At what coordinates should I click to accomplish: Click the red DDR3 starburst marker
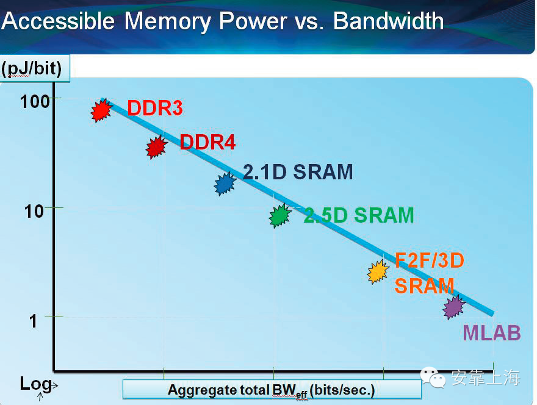coord(102,110)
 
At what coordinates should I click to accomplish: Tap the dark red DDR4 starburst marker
coord(157,147)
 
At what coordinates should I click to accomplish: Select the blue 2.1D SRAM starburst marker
coord(225,183)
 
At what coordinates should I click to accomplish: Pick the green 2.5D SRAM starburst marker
coord(280,215)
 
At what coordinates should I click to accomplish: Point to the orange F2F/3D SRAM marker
coord(378,271)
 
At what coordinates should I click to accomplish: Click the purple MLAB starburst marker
coord(453,307)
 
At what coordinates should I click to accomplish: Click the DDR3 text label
coord(155,109)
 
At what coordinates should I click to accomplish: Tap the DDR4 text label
coord(207,142)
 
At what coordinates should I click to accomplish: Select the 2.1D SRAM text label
coord(298,172)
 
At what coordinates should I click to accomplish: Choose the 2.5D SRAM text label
coord(359,215)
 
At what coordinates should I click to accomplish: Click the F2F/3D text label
coord(430,261)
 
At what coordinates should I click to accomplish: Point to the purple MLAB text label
coord(491,333)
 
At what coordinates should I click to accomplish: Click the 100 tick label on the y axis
coord(35,101)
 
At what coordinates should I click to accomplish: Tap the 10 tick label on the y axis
coord(34,211)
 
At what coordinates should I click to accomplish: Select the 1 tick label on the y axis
coord(34,320)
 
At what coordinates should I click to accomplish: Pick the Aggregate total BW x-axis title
coord(272,390)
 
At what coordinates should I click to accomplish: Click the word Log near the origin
coord(35,383)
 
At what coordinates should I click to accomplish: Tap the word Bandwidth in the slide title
coord(389,21)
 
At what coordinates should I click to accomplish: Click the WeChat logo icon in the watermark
coord(437,379)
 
